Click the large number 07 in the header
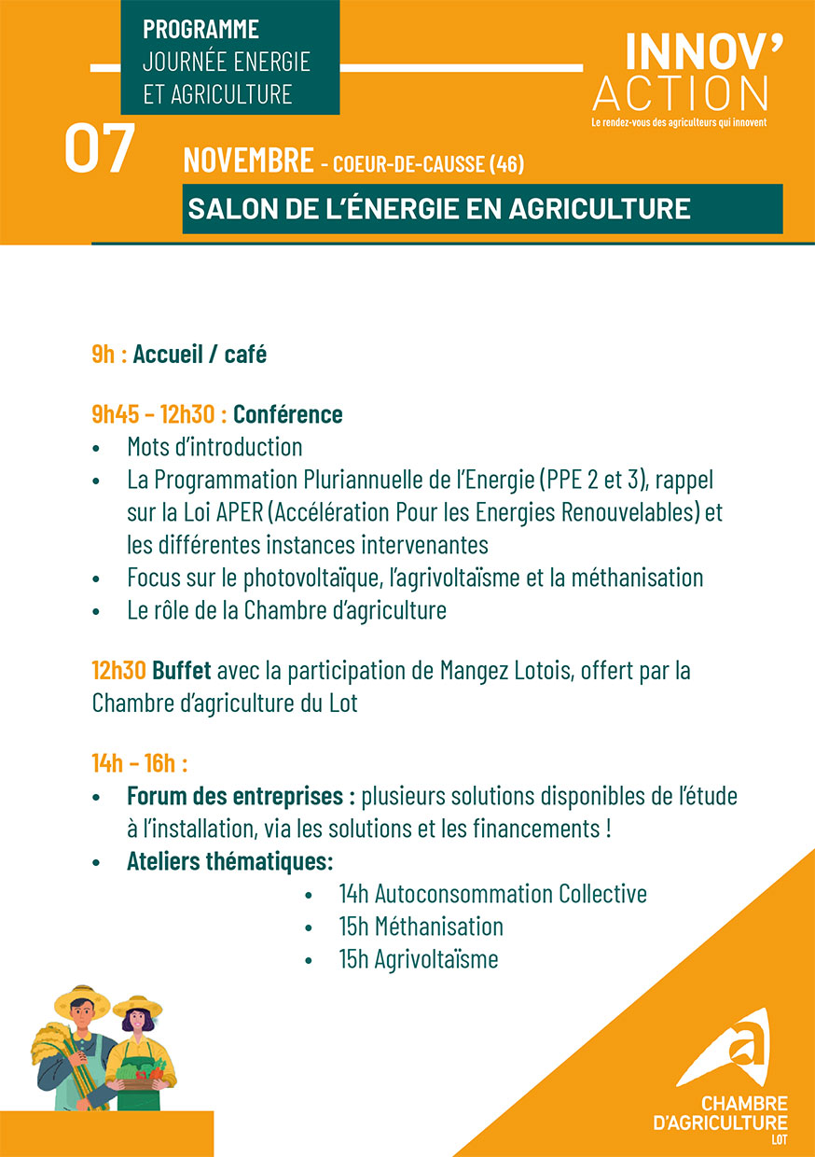pyautogui.click(x=100, y=150)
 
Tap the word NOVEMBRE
pyautogui.click(x=248, y=160)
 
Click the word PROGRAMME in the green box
pyautogui.click(x=200, y=29)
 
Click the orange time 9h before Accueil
pyautogui.click(x=103, y=355)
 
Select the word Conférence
pyautogui.click(x=287, y=414)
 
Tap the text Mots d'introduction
pyautogui.click(x=214, y=447)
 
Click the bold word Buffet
pyautogui.click(x=182, y=671)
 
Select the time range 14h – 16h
pyautogui.click(x=139, y=763)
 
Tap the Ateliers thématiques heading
pyautogui.click(x=229, y=860)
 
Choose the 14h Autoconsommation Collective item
pyautogui.click(x=492, y=894)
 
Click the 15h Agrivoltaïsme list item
pyautogui.click(x=418, y=959)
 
